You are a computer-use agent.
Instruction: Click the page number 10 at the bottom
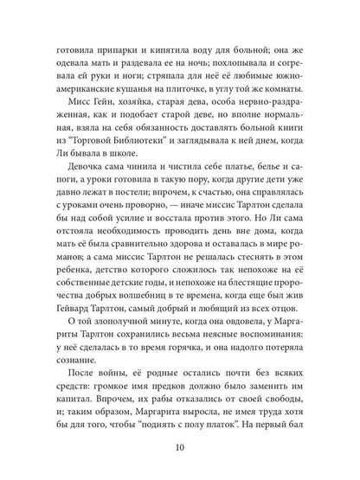180,449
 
